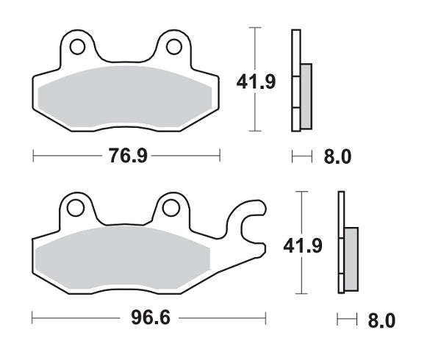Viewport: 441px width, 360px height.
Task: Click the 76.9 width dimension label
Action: pos(126,155)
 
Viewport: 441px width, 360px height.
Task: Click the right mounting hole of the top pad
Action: pos(173,48)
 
